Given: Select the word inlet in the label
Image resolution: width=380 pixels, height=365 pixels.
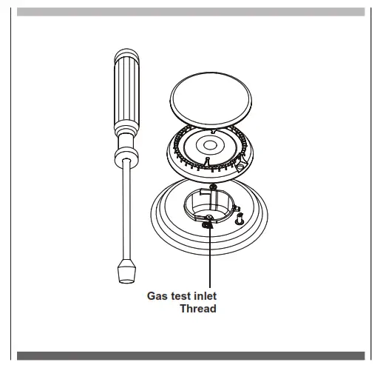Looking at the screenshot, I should (205, 297).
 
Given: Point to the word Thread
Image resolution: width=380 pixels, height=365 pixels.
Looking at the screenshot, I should (199, 309).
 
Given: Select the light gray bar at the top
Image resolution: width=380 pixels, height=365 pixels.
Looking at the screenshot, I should (190, 12).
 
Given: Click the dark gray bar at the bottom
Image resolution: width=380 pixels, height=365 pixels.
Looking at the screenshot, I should (190, 355).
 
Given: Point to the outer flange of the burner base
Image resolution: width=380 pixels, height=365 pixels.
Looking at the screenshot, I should (170, 226).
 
